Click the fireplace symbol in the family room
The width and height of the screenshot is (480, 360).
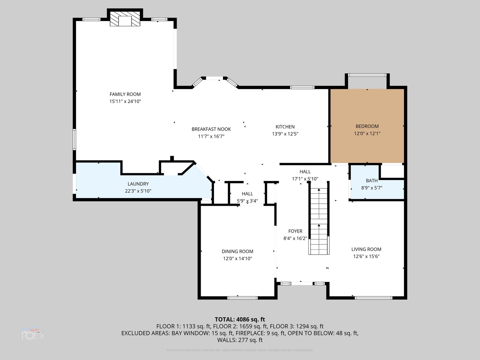point(125,19)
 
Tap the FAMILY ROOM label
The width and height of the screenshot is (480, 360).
point(125,94)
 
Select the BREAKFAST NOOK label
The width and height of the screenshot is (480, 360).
point(211,129)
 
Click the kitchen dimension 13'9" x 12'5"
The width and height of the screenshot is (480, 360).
point(285,134)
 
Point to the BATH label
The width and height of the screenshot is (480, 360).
point(372,181)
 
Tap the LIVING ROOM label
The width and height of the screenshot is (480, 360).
point(366,249)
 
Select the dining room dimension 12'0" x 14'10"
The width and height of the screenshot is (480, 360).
point(237,259)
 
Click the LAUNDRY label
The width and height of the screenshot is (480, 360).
point(138,184)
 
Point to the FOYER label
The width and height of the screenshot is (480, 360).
point(295,231)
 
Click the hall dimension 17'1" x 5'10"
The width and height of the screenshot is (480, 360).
point(305,179)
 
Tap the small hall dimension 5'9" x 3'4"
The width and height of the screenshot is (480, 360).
point(247,201)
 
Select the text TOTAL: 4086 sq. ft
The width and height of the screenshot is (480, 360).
point(240,319)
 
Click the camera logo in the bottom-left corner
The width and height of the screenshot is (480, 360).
point(32,334)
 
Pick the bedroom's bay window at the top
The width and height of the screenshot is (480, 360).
point(367,75)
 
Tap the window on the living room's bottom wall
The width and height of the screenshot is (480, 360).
point(373,298)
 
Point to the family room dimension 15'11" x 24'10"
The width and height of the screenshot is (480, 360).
point(125,101)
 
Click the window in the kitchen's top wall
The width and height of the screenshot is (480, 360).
point(302,87)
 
